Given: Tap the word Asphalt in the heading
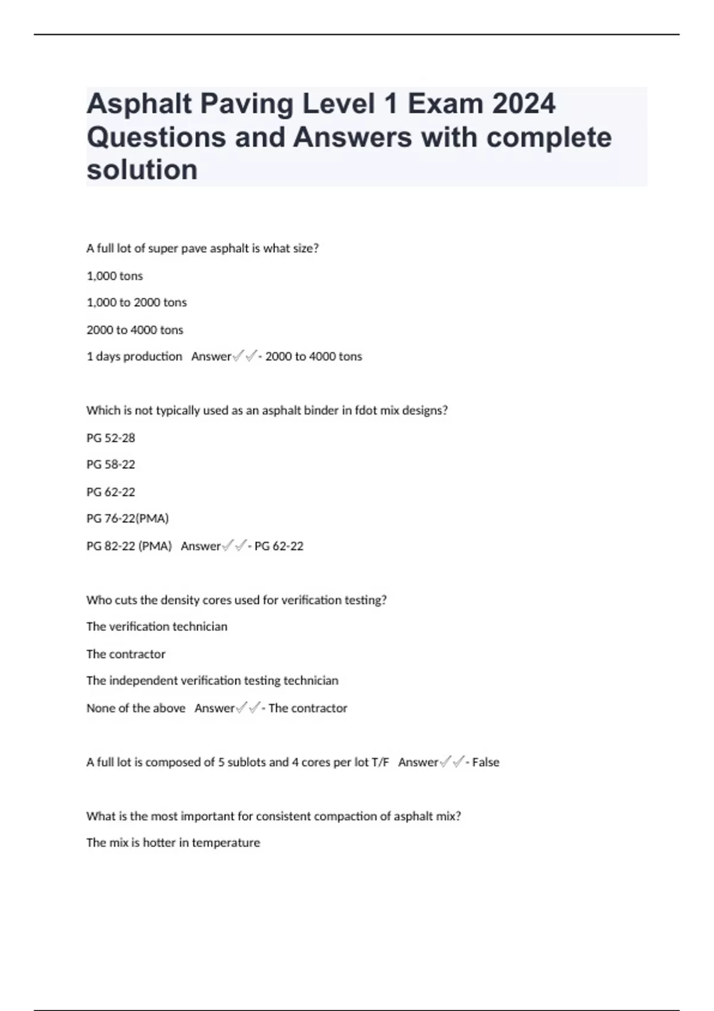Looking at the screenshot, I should pyautogui.click(x=140, y=104).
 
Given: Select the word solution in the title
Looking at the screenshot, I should pyautogui.click(x=142, y=169).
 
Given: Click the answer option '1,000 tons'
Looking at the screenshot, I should pyautogui.click(x=115, y=276).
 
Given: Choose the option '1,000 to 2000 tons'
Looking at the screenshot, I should pyautogui.click(x=137, y=303).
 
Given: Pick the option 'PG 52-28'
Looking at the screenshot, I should pyautogui.click(x=111, y=438).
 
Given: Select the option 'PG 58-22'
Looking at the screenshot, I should pyautogui.click(x=111, y=464).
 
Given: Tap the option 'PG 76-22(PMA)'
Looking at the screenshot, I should pyautogui.click(x=127, y=519).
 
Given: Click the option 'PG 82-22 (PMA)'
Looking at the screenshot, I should pyautogui.click(x=129, y=546).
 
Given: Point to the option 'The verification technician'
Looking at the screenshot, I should pyautogui.click(x=156, y=627).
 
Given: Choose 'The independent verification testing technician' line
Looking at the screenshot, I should pyautogui.click(x=212, y=681).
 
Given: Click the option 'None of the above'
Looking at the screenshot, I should pyautogui.click(x=136, y=708).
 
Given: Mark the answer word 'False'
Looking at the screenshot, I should pyautogui.click(x=486, y=762).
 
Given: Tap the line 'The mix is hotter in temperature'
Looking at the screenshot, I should pyautogui.click(x=173, y=843).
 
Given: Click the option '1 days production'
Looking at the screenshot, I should pyautogui.click(x=134, y=357).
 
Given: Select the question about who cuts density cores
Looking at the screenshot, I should pyautogui.click(x=236, y=600).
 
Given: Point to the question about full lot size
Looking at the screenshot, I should pyautogui.click(x=202, y=249).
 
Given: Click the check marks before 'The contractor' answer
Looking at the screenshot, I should pyautogui.click(x=248, y=708).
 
